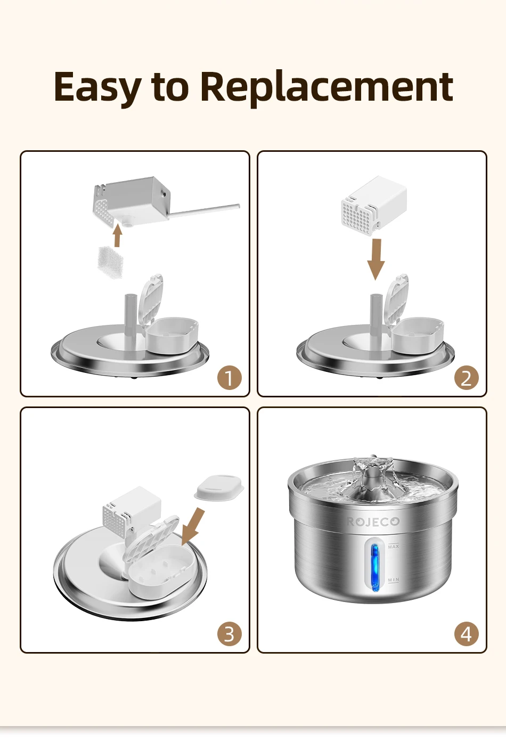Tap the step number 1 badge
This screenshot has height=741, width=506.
click(x=230, y=378)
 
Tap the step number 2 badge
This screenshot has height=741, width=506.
click(x=466, y=378)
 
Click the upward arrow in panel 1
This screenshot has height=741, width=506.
click(x=117, y=235)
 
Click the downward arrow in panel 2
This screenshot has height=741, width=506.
click(x=376, y=259)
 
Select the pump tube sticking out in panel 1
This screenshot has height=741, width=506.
click(x=203, y=210)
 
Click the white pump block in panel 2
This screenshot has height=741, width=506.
click(x=374, y=206)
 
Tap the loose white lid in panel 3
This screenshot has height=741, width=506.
click(x=219, y=487)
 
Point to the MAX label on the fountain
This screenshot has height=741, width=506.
click(x=394, y=546)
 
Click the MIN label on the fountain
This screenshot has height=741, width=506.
click(x=394, y=580)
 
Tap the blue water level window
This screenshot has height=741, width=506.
click(x=375, y=565)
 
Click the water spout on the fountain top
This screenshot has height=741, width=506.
click(x=373, y=475)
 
